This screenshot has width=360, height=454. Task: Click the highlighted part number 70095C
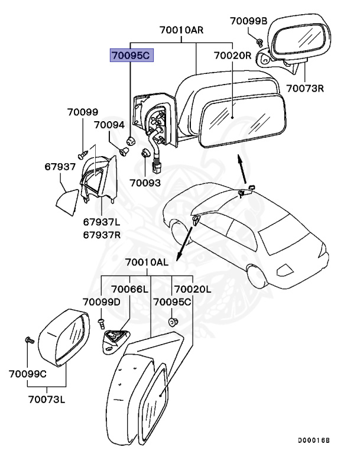click(131, 56)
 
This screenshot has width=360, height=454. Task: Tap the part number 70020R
click(233, 56)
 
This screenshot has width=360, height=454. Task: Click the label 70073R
click(306, 89)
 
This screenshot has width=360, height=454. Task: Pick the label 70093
click(145, 183)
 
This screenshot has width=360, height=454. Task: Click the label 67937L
click(102, 222)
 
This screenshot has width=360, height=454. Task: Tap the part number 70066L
click(130, 289)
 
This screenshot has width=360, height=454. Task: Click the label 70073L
click(45, 399)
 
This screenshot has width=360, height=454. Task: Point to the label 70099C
click(28, 374)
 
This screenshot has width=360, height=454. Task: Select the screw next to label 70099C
click(28, 340)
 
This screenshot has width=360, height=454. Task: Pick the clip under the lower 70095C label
click(174, 322)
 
